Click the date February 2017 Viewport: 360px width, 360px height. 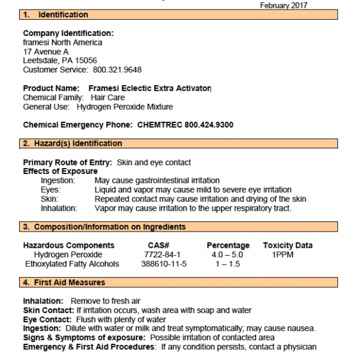click(x=283, y=5)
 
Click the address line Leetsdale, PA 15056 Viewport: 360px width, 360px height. click(x=60, y=61)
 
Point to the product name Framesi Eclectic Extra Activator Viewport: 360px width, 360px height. click(x=150, y=88)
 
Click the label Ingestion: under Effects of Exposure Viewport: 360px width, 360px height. click(x=59, y=180)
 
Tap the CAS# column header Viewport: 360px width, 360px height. click(x=158, y=245)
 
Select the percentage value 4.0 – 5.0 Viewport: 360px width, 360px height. click(x=227, y=254)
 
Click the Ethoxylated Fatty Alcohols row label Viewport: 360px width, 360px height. click(x=72, y=263)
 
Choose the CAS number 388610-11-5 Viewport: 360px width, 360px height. click(x=163, y=263)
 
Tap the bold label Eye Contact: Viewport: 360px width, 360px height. click(x=46, y=320)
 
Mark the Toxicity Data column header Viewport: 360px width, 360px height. click(x=287, y=245)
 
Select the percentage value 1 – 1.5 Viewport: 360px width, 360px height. click(x=227, y=263)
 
